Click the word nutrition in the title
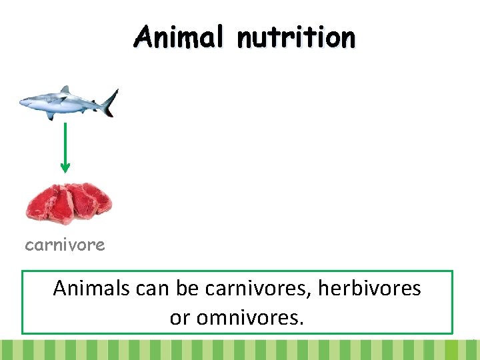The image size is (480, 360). pos(296,38)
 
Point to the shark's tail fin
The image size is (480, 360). pos(109,101)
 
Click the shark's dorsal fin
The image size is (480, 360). pos(65,90)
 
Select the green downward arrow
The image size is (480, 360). pos(65,147)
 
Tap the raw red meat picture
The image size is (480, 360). pos(69,203)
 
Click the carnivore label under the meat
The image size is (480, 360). pos(65,245)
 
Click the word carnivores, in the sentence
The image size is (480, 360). pos(259,288)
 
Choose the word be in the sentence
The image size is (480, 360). pos(189,288)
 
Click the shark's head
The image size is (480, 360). pos(30,102)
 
